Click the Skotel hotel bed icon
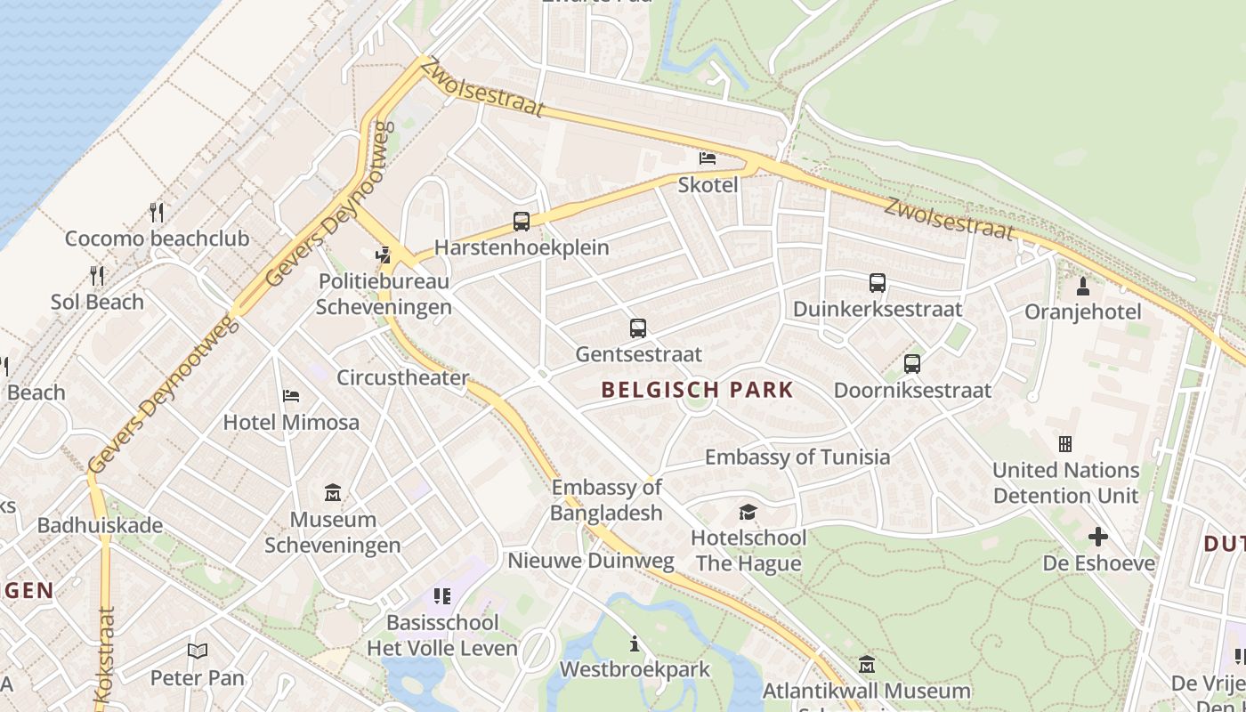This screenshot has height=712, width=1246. (708, 158)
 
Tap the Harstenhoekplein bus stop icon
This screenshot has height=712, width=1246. (522, 222)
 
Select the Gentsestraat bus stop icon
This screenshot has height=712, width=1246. (638, 328)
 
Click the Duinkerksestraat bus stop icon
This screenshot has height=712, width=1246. (878, 284)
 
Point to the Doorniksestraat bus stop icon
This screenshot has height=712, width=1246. (912, 364)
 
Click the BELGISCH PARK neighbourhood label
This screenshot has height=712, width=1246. (697, 390)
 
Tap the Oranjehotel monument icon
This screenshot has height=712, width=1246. (1083, 287)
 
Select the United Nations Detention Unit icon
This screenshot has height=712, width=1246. (1065, 444)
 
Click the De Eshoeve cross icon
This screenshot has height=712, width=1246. (1098, 537)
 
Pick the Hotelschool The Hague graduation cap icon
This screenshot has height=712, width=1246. (748, 512)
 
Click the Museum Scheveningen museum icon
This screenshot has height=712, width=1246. (333, 492)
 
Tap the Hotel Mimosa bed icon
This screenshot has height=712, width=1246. (291, 396)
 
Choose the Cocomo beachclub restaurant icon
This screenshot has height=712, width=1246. (157, 212)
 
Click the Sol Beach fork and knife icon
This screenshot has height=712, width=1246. (97, 275)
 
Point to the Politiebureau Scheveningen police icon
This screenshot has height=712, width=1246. (384, 255)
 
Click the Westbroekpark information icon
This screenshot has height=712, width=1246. (635, 643)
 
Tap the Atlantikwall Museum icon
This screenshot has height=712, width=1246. (867, 664)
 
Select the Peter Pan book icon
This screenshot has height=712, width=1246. (198, 651)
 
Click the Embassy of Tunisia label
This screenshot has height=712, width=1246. (797, 457)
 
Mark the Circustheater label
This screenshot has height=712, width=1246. (402, 377)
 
